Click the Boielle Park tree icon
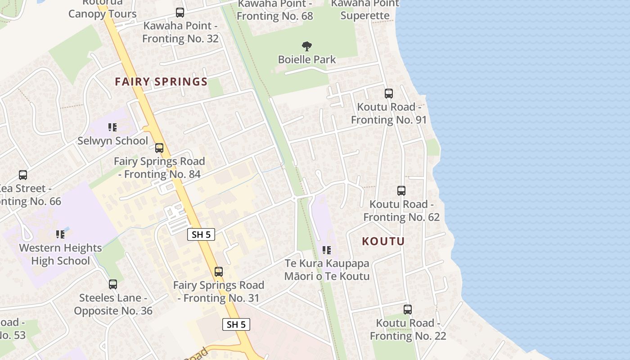pos(307,46)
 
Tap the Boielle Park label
pos(307,59)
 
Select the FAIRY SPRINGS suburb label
pos(161,82)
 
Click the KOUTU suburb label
pos(383,241)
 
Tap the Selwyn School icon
pos(112,127)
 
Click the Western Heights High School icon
pos(60,234)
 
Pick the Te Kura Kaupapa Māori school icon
pos(327,250)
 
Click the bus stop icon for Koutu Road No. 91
pos(389,94)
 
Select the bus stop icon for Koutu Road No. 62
pos(401,191)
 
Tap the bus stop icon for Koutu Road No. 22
pos(408,310)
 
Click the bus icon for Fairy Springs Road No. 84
pos(159,148)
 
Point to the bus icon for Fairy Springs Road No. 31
pos(219,272)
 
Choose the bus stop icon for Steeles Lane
pos(113,284)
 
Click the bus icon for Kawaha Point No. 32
pos(180,13)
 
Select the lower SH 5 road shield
pos(236,324)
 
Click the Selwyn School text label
pos(112,141)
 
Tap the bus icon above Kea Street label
pos(23,175)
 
